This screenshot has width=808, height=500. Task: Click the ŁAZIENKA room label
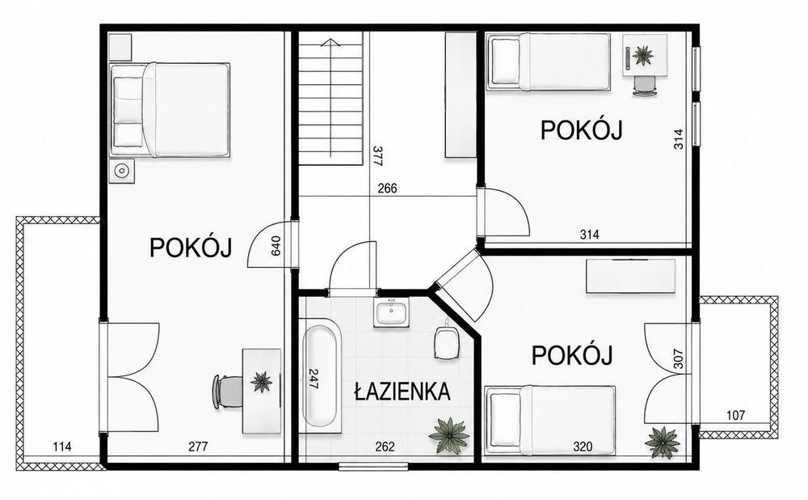[402, 392]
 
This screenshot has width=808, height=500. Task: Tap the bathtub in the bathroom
[321, 373]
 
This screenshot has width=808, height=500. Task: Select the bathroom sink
[392, 312]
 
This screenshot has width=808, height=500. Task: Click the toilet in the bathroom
[447, 341]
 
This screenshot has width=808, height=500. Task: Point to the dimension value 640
[276, 246]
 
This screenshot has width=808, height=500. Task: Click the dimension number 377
[377, 156]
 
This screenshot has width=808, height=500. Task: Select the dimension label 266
[388, 189]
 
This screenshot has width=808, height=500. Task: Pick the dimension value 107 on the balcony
[735, 415]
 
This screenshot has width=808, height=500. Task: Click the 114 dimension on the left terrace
[62, 447]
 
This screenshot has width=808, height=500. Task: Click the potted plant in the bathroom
[449, 436]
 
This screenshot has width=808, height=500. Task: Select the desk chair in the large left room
[227, 392]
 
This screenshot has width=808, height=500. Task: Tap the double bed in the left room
[170, 109]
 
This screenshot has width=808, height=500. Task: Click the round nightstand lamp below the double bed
[122, 171]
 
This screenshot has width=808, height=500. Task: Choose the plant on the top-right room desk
[642, 55]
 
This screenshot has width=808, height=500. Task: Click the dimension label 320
[583, 447]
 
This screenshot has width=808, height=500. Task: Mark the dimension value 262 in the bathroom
[385, 447]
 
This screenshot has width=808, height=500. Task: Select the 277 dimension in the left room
[198, 447]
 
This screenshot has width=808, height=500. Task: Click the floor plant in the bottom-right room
[663, 443]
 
